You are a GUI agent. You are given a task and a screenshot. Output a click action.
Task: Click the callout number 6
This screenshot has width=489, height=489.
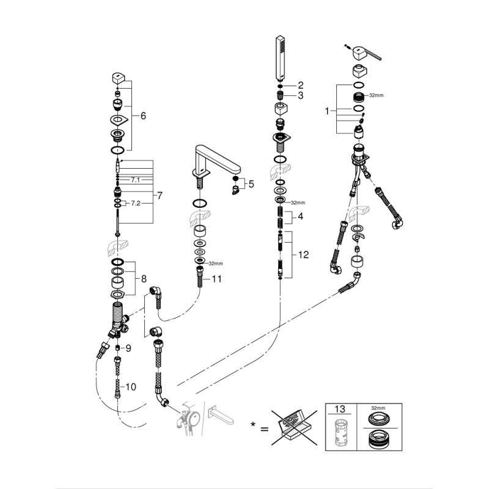click(143, 116)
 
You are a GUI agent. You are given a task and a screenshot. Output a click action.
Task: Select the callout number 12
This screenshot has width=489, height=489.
click(303, 255)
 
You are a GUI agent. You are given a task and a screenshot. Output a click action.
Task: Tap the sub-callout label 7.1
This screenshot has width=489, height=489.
click(135, 180)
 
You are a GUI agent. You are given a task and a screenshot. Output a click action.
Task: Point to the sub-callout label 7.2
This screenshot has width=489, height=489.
click(135, 204)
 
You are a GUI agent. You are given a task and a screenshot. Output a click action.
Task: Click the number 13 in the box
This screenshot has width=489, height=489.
click(340, 409)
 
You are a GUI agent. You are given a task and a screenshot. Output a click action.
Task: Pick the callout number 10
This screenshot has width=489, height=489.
click(131, 387)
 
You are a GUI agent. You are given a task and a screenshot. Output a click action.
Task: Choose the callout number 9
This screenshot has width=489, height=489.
click(128, 348)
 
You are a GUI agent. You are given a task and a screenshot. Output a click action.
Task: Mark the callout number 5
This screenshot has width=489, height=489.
click(251, 184)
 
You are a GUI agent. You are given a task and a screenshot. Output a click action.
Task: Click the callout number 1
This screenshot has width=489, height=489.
click(327, 111)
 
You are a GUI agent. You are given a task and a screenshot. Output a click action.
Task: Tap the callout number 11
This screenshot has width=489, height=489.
click(217, 279)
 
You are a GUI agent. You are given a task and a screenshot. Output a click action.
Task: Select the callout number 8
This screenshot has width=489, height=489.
click(144, 279)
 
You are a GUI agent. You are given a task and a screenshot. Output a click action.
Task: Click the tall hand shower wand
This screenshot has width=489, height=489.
click(280, 58)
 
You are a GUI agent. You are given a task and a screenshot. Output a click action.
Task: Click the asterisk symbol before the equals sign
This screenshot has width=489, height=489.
click(253, 424)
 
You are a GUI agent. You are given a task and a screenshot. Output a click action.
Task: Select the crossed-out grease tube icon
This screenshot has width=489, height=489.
click(294, 427)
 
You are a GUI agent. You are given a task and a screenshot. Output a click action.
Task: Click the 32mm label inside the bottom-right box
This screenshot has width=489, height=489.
click(378, 408)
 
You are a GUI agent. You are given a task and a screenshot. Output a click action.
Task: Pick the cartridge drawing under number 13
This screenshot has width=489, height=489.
click(340, 433)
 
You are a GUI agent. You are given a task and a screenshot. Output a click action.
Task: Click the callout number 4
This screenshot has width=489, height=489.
click(300, 216)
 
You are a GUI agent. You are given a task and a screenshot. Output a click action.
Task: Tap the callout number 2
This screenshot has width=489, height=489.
click(301, 86)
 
